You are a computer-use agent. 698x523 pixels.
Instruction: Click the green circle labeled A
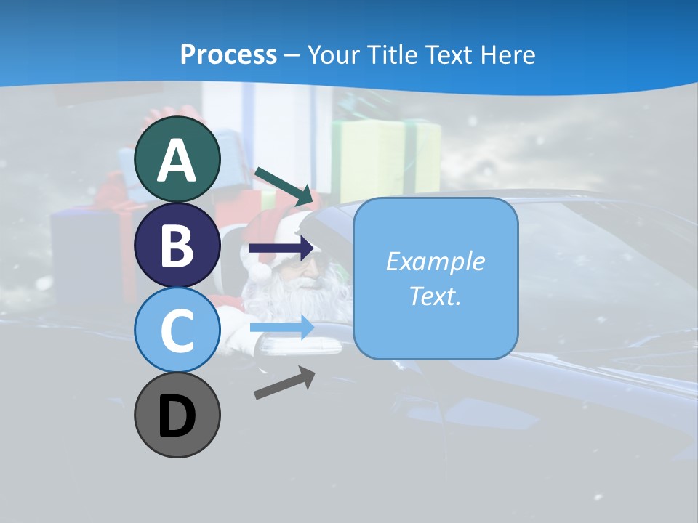point(177,159)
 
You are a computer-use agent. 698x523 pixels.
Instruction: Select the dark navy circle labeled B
point(177,245)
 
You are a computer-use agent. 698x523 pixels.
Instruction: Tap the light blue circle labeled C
point(177,330)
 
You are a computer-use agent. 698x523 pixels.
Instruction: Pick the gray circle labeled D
point(177,415)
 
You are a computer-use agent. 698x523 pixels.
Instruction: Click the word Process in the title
point(228,54)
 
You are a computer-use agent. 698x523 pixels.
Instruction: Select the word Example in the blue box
point(435,261)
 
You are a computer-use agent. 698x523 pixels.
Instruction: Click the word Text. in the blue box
point(435,296)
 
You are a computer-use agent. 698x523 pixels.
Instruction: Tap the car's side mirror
point(305,347)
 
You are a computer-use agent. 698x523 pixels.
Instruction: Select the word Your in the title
point(334,54)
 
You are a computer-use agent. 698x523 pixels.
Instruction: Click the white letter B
point(177,245)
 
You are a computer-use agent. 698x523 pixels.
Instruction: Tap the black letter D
point(177,415)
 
